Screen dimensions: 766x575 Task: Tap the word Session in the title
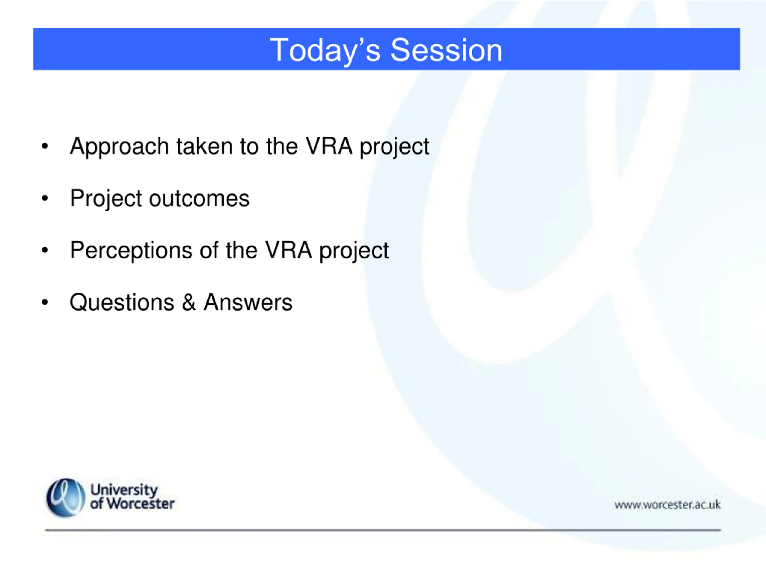click(446, 50)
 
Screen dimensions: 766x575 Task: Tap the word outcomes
click(199, 199)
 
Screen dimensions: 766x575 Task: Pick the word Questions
click(122, 302)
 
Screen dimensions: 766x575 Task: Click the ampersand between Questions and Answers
click(189, 302)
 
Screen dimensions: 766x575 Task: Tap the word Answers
click(248, 302)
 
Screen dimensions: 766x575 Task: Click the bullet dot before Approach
click(45, 146)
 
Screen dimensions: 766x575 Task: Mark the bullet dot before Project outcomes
click(45, 198)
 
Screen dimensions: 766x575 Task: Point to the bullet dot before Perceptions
click(45, 250)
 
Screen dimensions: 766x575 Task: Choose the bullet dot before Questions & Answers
click(45, 302)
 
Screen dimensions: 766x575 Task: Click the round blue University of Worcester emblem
click(66, 498)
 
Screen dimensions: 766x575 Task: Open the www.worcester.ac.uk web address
click(667, 505)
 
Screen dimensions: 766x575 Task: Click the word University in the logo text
click(124, 490)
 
